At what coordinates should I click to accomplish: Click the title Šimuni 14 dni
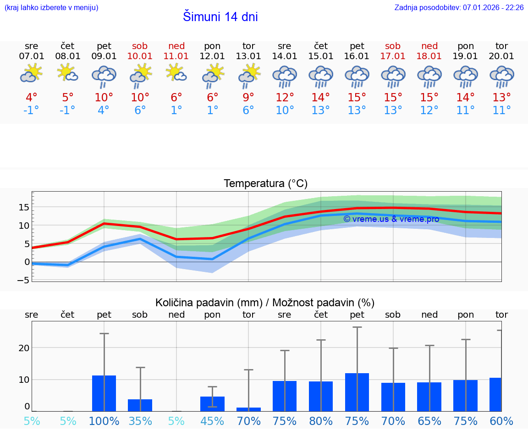tap(220, 17)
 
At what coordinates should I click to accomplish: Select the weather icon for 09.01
tap(104, 76)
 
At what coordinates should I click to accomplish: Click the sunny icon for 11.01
tap(176, 73)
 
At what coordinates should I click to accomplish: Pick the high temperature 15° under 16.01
tap(357, 98)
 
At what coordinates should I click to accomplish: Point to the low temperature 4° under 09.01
tap(104, 110)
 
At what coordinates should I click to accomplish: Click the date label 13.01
tap(248, 56)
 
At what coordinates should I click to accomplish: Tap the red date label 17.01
tap(393, 56)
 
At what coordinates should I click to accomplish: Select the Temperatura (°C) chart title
tap(265, 184)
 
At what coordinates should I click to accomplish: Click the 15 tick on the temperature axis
tap(24, 207)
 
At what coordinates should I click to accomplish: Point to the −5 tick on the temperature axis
tap(24, 280)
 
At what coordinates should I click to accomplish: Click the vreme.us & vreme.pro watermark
tap(391, 219)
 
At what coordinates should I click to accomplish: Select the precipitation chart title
tap(265, 303)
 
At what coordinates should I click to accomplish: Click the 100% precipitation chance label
tap(104, 421)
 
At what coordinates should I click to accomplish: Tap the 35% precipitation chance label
tap(140, 421)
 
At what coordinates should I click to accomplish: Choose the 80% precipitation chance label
tap(321, 421)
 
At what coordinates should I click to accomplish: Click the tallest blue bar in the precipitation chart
tap(357, 392)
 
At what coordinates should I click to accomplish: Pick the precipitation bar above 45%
tap(212, 404)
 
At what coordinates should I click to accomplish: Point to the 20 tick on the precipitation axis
tap(24, 348)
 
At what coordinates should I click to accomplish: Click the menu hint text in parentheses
tap(51, 7)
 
